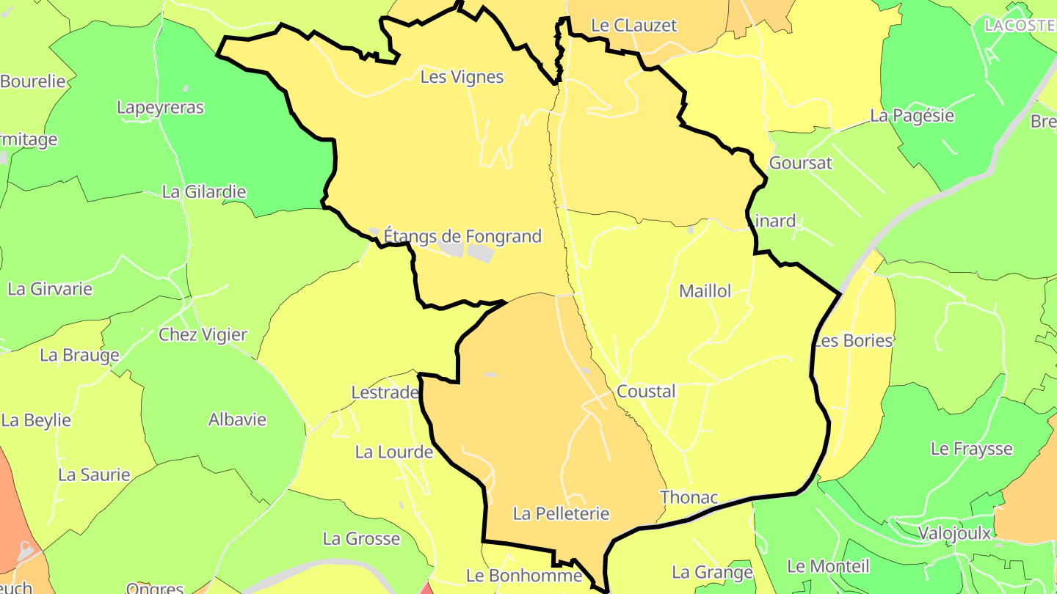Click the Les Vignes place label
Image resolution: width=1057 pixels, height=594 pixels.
(462, 77)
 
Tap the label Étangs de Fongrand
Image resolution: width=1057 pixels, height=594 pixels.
(462, 236)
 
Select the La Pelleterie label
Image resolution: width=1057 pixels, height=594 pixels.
(561, 513)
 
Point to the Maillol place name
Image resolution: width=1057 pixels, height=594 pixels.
(705, 291)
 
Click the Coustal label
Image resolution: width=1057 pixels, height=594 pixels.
(646, 392)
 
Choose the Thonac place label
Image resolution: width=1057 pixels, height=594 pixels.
(689, 497)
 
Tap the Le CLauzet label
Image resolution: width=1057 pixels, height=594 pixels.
(633, 25)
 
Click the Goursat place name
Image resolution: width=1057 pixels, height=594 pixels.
(800, 163)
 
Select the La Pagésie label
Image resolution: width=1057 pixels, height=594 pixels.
(912, 116)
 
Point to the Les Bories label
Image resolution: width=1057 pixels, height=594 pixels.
(853, 341)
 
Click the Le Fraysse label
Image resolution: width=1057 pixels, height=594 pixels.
(971, 449)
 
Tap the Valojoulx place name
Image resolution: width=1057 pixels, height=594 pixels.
(954, 533)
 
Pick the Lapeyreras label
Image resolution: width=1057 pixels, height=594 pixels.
(160, 108)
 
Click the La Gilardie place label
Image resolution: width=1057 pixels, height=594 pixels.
(203, 192)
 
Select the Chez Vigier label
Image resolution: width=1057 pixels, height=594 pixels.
(203, 335)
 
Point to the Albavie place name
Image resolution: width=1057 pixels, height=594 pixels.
(237, 420)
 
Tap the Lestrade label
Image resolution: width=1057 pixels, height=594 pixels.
(385, 393)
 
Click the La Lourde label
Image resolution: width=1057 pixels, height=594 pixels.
(393, 452)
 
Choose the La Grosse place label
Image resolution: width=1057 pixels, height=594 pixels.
(361, 540)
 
